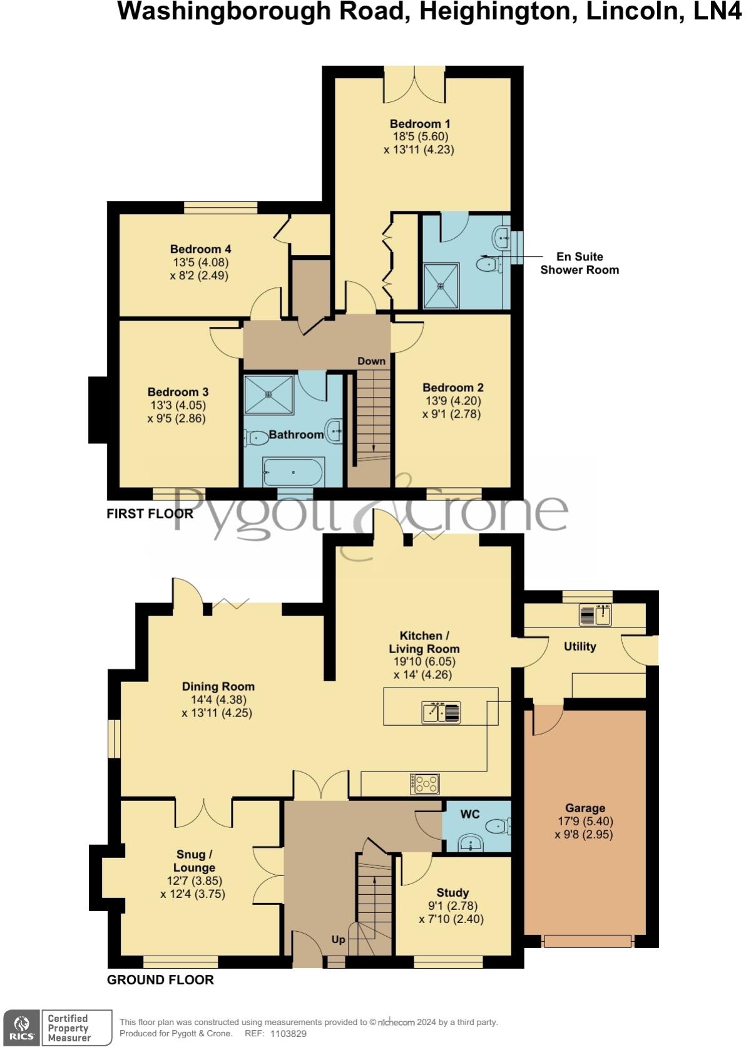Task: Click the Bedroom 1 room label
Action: click(420, 123)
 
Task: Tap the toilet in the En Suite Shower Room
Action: click(488, 265)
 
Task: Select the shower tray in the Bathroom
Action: click(268, 395)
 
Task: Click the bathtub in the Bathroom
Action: click(293, 472)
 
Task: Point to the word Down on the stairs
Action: click(371, 361)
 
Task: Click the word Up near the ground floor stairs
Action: click(338, 940)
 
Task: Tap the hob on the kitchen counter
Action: click(425, 784)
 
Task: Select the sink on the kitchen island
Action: click(441, 713)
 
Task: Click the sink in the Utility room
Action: click(595, 615)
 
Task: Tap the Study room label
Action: click(452, 893)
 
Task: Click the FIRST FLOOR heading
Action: click(150, 514)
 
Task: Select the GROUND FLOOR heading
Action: click(160, 980)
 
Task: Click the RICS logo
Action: click(23, 1028)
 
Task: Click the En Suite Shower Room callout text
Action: click(580, 263)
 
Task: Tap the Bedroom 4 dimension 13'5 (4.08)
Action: click(200, 262)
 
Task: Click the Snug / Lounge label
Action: click(194, 861)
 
